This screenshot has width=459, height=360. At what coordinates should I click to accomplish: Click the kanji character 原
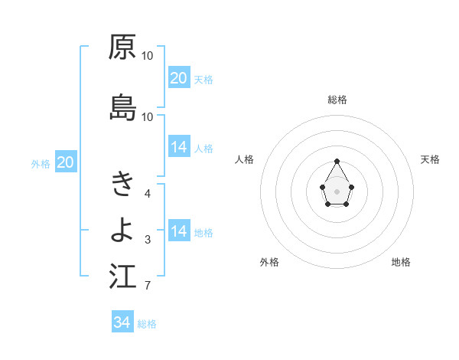pos(122,47)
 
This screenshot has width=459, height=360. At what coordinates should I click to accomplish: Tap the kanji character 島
pos(122,107)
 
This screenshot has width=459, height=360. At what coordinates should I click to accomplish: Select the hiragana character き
pos(122,183)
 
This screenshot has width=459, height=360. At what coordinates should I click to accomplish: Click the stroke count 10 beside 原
pos(148,56)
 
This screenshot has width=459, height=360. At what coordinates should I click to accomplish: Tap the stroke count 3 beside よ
pos(148,240)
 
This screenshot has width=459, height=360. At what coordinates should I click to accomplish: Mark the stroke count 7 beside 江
pos(148,286)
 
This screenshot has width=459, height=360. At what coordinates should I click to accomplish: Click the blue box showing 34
pos(122,322)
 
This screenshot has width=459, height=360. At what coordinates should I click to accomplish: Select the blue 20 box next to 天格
pos(179,78)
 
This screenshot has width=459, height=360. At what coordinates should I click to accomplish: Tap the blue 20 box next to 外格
pos(66,162)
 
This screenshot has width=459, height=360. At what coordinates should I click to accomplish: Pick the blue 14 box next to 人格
pos(179,147)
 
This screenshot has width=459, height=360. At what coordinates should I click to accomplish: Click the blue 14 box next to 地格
pos(179,231)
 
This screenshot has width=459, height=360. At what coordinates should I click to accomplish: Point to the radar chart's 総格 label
pos(337,100)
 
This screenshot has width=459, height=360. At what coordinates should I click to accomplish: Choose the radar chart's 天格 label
pos(430,159)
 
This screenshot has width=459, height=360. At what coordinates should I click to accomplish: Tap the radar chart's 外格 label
pos(269,262)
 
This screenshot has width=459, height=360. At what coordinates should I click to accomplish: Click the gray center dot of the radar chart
pos(337,190)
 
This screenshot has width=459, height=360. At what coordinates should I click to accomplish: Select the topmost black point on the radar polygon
pos(337,161)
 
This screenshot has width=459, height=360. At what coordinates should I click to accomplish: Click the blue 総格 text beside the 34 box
pos(147,324)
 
